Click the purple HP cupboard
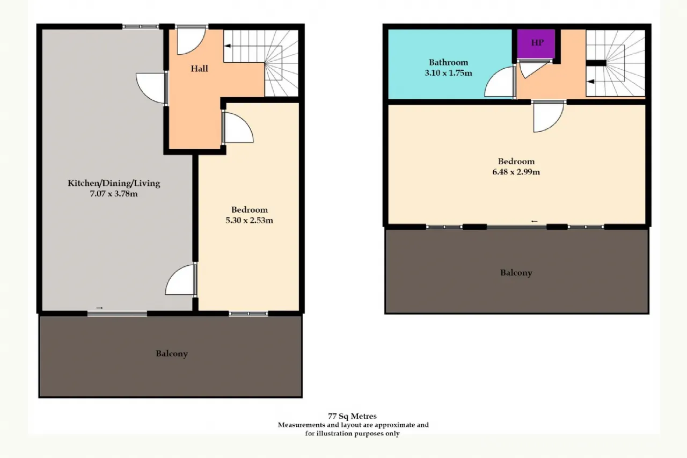pyautogui.click(x=536, y=43)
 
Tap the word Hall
pyautogui.click(x=199, y=68)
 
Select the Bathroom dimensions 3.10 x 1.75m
pyautogui.click(x=448, y=73)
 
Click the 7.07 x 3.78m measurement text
pyautogui.click(x=113, y=194)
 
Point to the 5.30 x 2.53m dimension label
pyautogui.click(x=249, y=220)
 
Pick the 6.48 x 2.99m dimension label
pyautogui.click(x=516, y=172)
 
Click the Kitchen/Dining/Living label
pyautogui.click(x=114, y=184)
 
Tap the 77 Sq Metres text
pyautogui.click(x=352, y=416)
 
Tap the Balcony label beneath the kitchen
pyautogui.click(x=171, y=354)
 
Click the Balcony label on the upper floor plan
pyautogui.click(x=516, y=273)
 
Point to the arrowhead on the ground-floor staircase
pyautogui.click(x=228, y=46)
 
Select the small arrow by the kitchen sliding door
pyautogui.click(x=99, y=308)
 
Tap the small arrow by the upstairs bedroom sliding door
pyautogui.click(x=534, y=221)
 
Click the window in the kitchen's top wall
pyautogui.click(x=141, y=27)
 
